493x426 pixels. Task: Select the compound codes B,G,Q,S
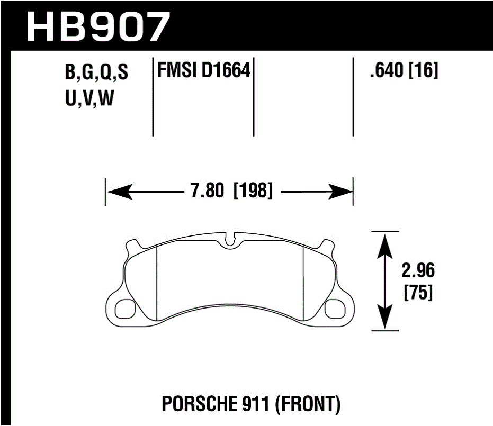coord(96,73)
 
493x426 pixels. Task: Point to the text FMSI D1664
coord(203,71)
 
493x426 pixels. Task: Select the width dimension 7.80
coord(208,191)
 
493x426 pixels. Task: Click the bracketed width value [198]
coord(253,191)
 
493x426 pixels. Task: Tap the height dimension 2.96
coord(418,271)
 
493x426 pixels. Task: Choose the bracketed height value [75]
coord(418,293)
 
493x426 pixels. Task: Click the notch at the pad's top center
coord(229,240)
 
